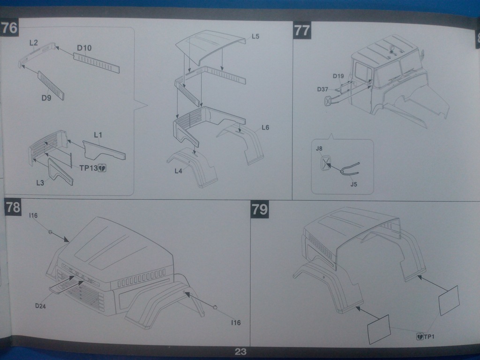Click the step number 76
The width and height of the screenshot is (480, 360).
(x=9, y=28)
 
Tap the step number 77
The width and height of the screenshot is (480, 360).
(x=302, y=30)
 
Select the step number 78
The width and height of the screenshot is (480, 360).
(x=13, y=208)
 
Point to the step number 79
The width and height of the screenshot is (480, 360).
(x=260, y=210)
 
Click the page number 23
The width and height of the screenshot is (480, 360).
(x=240, y=352)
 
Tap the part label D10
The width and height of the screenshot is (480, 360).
(x=84, y=48)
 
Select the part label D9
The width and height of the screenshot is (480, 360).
(x=46, y=98)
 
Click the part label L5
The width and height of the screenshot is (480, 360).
(x=255, y=37)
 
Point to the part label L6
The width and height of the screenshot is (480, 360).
(x=265, y=127)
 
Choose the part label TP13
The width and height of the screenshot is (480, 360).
(x=89, y=168)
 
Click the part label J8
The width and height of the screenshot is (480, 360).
(x=319, y=149)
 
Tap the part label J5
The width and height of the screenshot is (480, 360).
(x=353, y=184)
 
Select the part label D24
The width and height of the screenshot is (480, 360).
(x=40, y=306)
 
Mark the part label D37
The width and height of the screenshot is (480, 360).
(x=322, y=89)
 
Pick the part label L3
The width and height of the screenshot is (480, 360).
(x=40, y=183)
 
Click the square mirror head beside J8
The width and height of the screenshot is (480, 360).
(x=325, y=163)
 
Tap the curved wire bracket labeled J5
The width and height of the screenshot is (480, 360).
(x=350, y=169)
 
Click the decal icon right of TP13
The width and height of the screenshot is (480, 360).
(x=102, y=168)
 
